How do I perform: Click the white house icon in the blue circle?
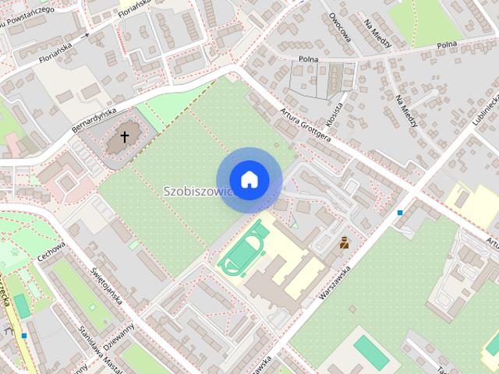point(249,180)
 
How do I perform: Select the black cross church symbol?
point(124,139)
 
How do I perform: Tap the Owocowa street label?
point(342,26)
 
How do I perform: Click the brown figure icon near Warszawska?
point(344,243)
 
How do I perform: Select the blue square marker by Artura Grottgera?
point(400,212)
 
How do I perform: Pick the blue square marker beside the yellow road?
point(25,336)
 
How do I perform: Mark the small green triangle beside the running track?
point(294,223)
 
